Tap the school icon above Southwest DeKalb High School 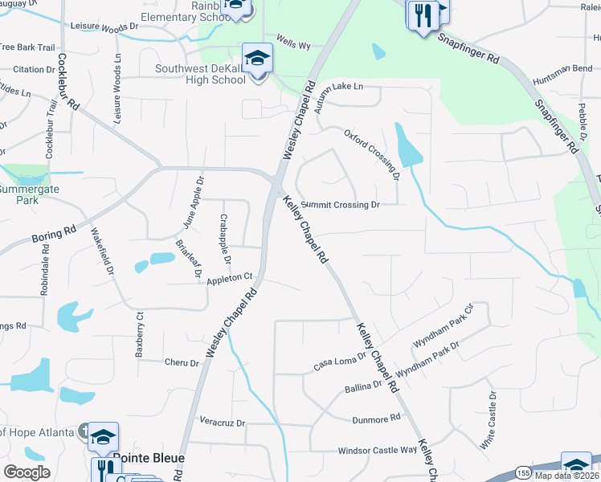(x=258, y=59)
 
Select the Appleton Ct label (x=230, y=280)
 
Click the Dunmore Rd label (x=376, y=419)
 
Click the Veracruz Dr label (x=222, y=422)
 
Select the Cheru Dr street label (x=181, y=362)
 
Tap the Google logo (x=27, y=472)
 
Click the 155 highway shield (x=524, y=470)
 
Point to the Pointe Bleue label (x=149, y=458)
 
